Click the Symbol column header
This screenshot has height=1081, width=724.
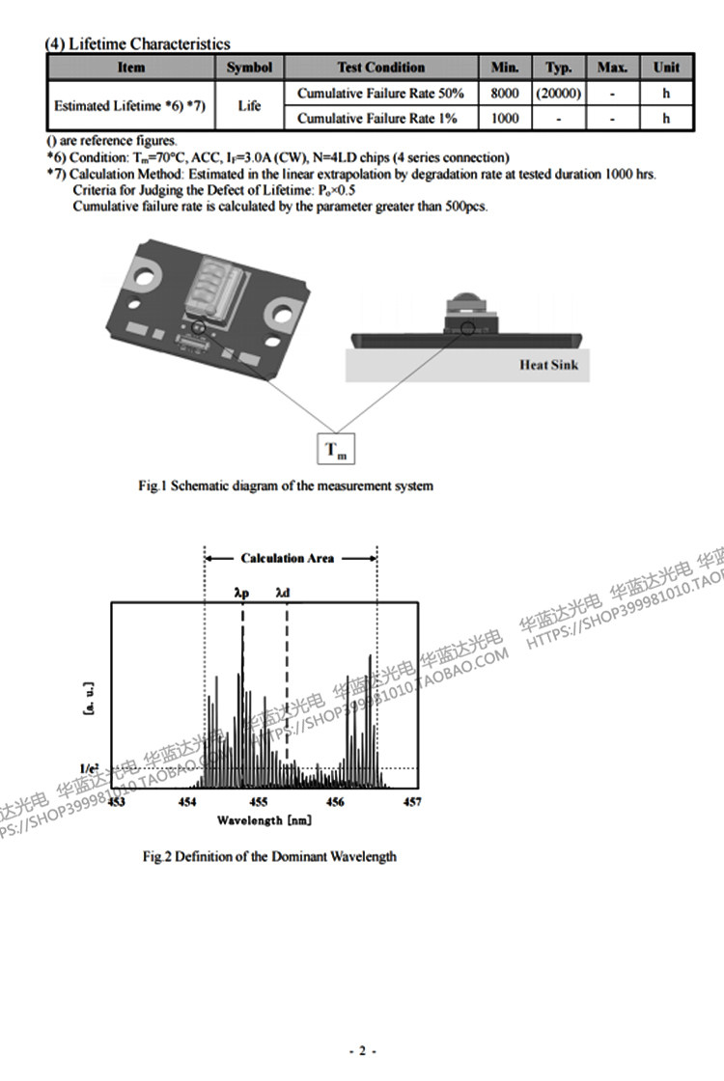pos(249,68)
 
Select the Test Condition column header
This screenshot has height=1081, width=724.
pos(380,68)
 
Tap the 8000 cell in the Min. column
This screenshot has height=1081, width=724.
pos(505,94)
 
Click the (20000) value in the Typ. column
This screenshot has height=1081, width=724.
pos(558,94)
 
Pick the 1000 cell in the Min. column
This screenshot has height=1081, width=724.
pos(505,119)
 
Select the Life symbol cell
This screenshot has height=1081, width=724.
pos(249,106)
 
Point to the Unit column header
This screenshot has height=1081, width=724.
pos(666,68)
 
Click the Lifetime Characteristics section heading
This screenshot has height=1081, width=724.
pos(138,43)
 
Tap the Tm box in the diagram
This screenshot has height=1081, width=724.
pos(336,450)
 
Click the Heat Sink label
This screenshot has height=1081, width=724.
pos(548,365)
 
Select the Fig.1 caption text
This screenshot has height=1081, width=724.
pos(286,485)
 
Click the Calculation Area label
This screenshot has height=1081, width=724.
pos(288,558)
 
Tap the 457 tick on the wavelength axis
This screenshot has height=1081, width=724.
pos(411,802)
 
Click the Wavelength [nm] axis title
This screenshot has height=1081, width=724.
pos(264,820)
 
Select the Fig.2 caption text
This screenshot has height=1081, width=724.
pos(269,856)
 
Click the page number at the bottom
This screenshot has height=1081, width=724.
pos(362,1051)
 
